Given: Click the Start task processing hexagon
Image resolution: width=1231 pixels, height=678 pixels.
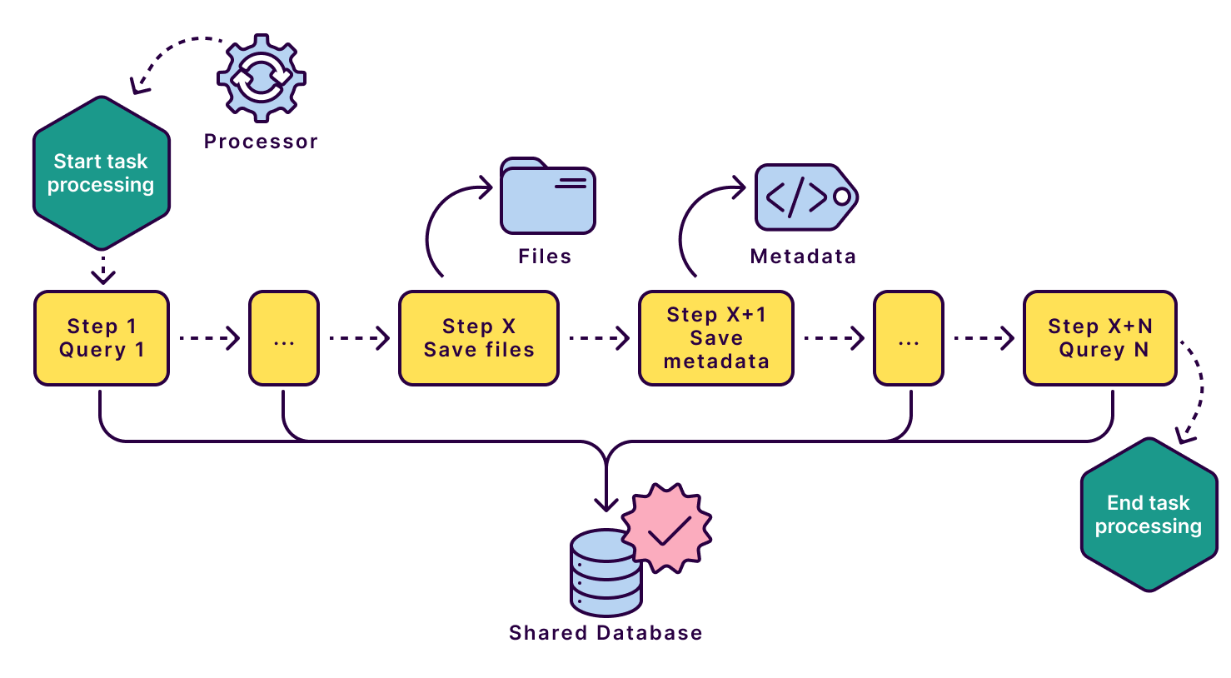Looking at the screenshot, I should [x=101, y=173].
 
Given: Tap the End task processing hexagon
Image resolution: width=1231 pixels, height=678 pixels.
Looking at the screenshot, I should [x=1148, y=515].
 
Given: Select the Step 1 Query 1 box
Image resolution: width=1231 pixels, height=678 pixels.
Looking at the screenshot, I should [x=102, y=338].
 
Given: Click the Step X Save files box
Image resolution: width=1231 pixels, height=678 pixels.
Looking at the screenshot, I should [x=479, y=338].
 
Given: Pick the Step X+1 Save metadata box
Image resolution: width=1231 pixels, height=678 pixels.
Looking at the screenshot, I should [x=715, y=338].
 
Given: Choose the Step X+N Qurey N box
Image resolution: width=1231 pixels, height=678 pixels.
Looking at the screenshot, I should [x=1099, y=338].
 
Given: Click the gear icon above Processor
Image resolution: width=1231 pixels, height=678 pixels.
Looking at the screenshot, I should [x=261, y=79].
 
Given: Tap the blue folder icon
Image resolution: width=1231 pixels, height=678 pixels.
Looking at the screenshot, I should [x=547, y=197].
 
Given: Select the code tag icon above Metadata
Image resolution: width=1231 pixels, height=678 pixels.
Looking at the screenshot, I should [x=804, y=197].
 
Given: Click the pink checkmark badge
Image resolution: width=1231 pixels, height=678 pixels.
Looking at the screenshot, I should [x=667, y=529].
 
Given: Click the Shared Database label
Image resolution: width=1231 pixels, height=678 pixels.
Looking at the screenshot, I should [x=606, y=633].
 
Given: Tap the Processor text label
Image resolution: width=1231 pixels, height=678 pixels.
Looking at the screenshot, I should [x=261, y=142].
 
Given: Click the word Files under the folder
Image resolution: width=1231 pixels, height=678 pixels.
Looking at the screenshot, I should [x=545, y=257].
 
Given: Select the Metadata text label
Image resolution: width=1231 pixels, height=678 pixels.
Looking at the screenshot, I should [x=803, y=257].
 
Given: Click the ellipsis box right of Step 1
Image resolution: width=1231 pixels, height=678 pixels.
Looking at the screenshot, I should [x=284, y=338].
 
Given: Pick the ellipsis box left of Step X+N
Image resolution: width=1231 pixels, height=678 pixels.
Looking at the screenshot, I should [x=908, y=338].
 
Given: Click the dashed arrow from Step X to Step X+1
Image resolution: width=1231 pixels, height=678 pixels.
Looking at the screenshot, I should [x=598, y=338].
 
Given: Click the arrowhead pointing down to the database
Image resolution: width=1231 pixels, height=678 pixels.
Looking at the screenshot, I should [x=606, y=503].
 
